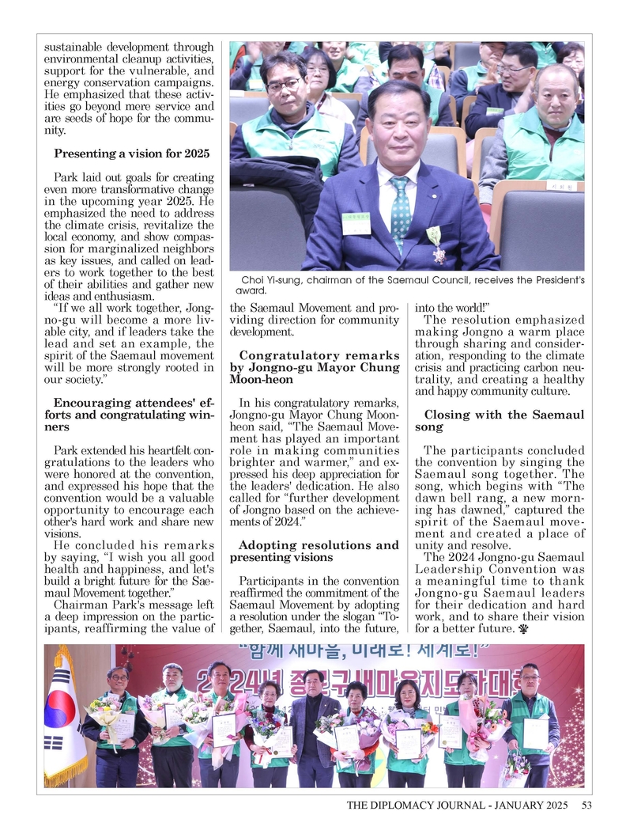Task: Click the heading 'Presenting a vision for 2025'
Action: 131,153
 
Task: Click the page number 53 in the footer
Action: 586,806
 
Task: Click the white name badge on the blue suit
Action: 356,222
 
